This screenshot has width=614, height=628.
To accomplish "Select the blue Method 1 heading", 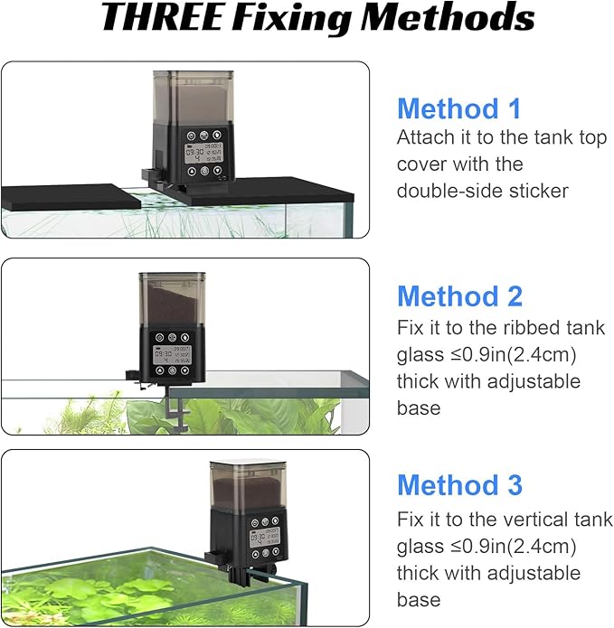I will tap(459, 109).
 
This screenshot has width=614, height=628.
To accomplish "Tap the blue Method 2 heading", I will tap(459, 296).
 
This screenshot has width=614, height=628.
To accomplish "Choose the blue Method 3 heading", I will tap(459, 484).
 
